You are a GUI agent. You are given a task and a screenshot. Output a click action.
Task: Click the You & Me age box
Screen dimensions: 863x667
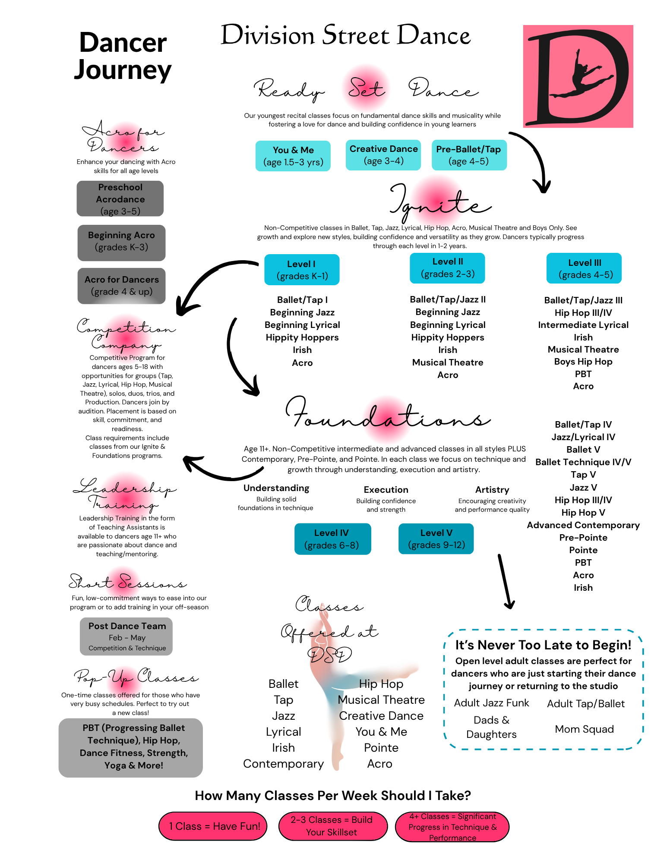(293, 156)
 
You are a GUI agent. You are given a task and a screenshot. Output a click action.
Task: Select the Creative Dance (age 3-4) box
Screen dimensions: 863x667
(383, 155)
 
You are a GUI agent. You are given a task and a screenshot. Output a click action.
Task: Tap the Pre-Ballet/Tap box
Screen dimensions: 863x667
(469, 155)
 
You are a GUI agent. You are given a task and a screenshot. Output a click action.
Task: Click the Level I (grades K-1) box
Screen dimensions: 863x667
(302, 270)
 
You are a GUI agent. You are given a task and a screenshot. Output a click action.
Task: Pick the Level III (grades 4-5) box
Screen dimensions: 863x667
(584, 268)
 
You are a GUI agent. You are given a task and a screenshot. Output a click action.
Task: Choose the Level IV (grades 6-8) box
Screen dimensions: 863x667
(332, 539)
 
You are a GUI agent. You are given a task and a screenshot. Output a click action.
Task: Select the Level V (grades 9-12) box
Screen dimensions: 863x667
(436, 539)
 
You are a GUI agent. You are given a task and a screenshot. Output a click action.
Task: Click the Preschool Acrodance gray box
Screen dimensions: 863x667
(120, 198)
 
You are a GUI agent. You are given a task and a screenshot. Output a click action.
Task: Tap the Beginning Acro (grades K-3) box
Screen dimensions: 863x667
(121, 243)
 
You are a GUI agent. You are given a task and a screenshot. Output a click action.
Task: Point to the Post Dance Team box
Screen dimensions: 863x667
(126, 636)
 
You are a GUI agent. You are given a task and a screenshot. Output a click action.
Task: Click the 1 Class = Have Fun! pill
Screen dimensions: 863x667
(213, 826)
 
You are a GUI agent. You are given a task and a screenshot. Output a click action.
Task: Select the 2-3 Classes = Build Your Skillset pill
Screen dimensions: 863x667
(332, 826)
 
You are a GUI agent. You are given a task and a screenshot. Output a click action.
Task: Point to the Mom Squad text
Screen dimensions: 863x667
(584, 729)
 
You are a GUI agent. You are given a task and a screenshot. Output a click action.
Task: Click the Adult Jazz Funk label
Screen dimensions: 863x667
(491, 703)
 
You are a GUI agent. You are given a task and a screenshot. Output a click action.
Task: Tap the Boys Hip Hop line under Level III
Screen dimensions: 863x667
(583, 362)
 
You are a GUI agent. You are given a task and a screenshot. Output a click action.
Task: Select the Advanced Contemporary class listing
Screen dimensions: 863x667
(583, 525)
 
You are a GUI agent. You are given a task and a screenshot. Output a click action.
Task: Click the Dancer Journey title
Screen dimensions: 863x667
(123, 56)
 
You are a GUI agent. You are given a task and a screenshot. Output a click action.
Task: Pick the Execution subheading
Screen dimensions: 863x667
(386, 490)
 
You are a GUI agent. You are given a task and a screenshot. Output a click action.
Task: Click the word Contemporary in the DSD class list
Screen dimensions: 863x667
(283, 764)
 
